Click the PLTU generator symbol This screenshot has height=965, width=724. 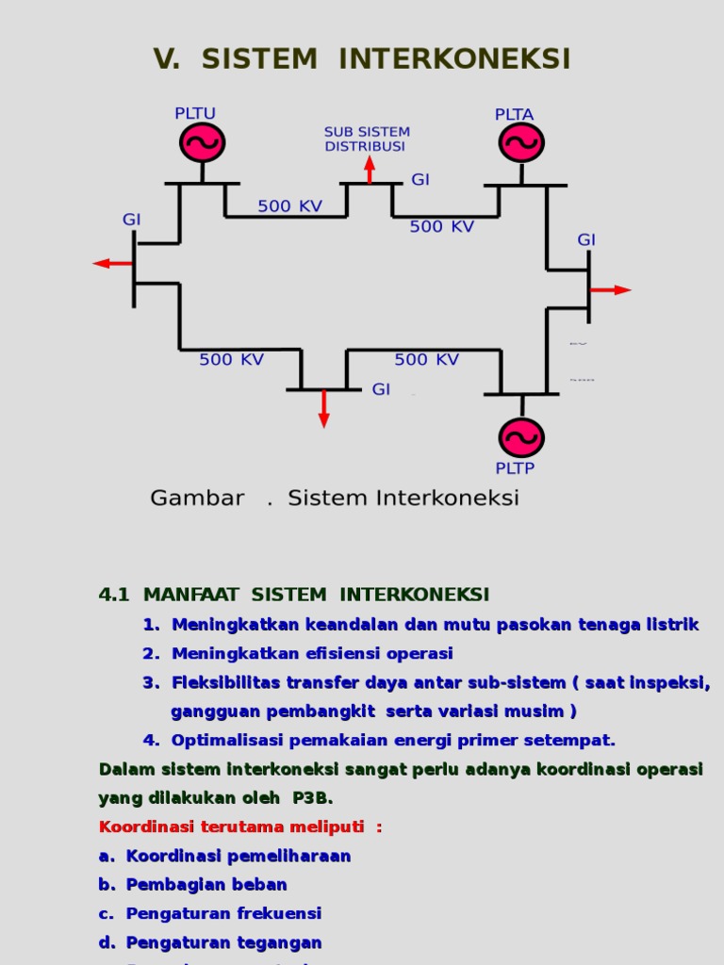[202, 142]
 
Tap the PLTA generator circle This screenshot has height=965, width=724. [520, 142]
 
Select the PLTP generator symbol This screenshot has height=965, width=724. [520, 437]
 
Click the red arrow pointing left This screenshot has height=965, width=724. [112, 264]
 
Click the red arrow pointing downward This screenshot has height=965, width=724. [324, 410]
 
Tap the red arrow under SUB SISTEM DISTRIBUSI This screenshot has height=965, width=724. [370, 169]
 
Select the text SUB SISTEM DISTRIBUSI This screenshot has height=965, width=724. [367, 139]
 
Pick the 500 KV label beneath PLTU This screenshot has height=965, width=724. [289, 206]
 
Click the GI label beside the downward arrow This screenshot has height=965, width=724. [381, 389]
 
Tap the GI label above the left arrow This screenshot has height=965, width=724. [131, 220]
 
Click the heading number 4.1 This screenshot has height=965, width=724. [113, 595]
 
